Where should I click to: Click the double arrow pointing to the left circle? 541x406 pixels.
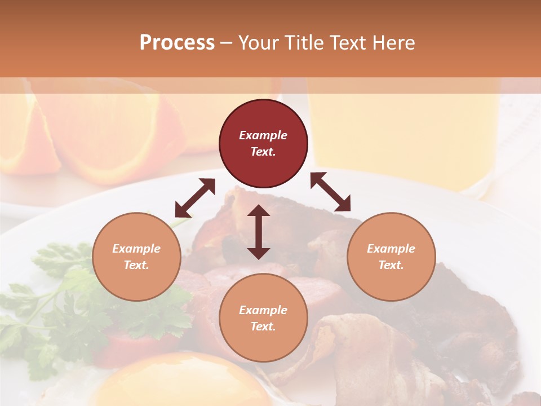pos(195,198)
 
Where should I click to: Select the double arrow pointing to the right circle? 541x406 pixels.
pos(330,192)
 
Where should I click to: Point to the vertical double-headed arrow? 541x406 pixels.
pos(259,232)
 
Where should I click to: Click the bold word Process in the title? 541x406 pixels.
pos(177,42)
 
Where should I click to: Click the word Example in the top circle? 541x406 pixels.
pos(263,135)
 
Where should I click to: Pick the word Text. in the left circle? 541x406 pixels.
pos(136,265)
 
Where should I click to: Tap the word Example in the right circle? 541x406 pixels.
pos(391,249)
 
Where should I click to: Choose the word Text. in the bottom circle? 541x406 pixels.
pos(263,326)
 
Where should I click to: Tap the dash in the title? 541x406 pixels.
pos(226,42)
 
